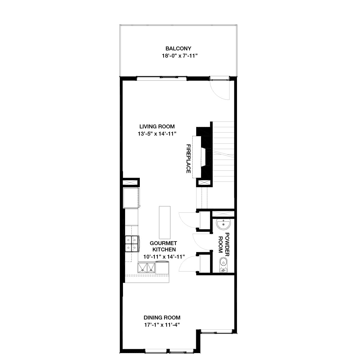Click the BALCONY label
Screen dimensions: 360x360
click(x=178, y=48)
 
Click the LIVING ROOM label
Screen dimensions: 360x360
click(x=157, y=127)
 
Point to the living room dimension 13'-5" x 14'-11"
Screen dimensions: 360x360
click(x=157, y=134)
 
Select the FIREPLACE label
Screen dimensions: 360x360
click(x=189, y=159)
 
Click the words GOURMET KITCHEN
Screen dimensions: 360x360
click(x=163, y=246)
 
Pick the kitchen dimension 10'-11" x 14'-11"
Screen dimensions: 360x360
click(x=164, y=257)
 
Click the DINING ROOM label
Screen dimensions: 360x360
click(x=162, y=317)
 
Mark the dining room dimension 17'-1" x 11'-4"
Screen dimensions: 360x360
click(x=162, y=325)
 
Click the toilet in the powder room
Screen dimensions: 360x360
click(x=223, y=263)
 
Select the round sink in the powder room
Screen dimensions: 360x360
click(x=223, y=223)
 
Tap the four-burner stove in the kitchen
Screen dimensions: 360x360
click(x=132, y=243)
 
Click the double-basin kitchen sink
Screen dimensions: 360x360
click(x=146, y=267)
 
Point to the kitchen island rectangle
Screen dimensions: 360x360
click(x=164, y=222)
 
